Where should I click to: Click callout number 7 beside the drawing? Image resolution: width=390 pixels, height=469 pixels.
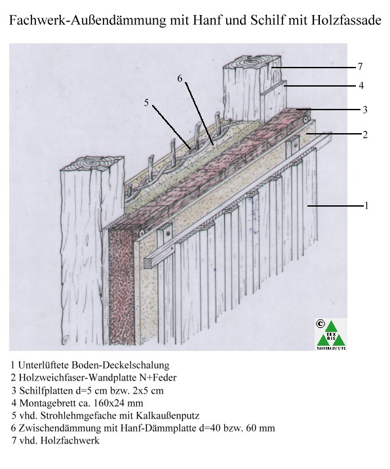click(x=360, y=66)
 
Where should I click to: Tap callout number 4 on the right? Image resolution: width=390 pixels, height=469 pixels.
click(x=361, y=85)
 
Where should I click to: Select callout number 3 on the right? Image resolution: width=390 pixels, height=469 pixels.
click(x=364, y=110)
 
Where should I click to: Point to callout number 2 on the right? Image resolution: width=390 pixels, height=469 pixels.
click(x=365, y=134)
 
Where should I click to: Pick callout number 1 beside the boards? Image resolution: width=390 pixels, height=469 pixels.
click(x=366, y=206)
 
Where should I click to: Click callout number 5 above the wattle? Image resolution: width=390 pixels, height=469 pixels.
click(x=146, y=103)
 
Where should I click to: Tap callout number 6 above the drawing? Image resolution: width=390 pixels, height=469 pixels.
click(x=180, y=78)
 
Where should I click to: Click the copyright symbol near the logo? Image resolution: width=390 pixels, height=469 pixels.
click(x=320, y=323)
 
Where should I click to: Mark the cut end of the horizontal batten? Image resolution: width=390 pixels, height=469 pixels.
click(x=149, y=262)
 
